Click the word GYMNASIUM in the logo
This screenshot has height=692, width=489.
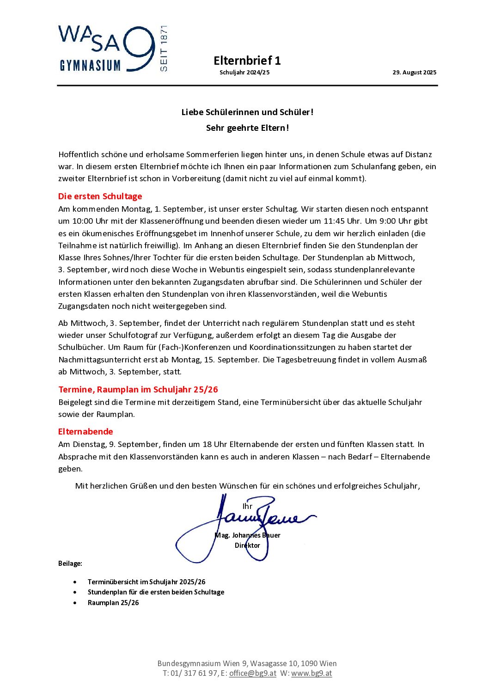pyautogui.click(x=90, y=66)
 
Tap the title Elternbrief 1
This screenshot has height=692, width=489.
pyautogui.click(x=247, y=61)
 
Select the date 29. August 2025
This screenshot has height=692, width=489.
pyautogui.click(x=414, y=73)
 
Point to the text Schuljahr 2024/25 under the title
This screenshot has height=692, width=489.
pyautogui.click(x=245, y=73)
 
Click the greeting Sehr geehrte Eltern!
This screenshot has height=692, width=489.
pyautogui.click(x=247, y=128)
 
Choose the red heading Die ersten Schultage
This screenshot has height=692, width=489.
pyautogui.click(x=100, y=196)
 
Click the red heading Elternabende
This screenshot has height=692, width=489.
pyautogui.click(x=86, y=432)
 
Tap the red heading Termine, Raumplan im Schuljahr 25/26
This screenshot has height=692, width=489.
pyautogui.click(x=138, y=390)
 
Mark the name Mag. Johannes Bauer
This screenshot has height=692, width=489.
pyautogui.click(x=247, y=535)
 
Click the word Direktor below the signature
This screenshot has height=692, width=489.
pyautogui.click(x=247, y=545)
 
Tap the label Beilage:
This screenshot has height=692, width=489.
pyautogui.click(x=70, y=563)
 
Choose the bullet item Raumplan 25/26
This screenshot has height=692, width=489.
pyautogui.click(x=113, y=603)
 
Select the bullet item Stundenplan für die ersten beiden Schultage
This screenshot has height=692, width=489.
pyautogui.click(x=156, y=592)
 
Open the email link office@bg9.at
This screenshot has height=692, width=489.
pyautogui.click(x=252, y=674)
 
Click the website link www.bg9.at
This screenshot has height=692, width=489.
pyautogui.click(x=312, y=674)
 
